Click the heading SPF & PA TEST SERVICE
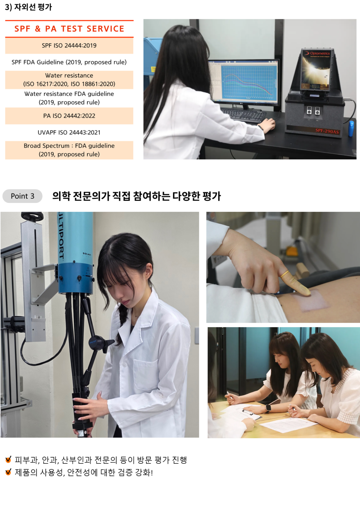[x=69, y=29]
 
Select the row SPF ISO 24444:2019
[x=69, y=46]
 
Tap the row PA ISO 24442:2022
[x=69, y=116]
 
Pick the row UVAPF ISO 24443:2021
[x=69, y=132]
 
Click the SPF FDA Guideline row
[x=69, y=62]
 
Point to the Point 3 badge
[x=22, y=196]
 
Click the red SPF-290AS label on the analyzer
[x=327, y=131]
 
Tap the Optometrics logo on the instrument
[x=317, y=54]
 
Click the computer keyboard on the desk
[x=243, y=115]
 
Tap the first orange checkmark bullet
[x=8, y=459]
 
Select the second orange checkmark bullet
[x=8, y=472]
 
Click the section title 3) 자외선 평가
[x=28, y=7]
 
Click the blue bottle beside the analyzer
[x=351, y=128]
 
